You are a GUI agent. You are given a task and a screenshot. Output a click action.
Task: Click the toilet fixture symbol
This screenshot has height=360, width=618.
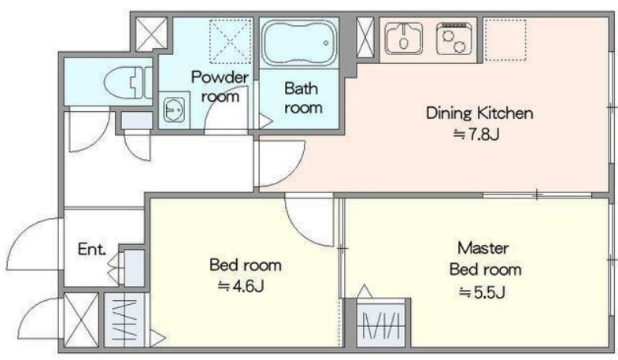(128, 83)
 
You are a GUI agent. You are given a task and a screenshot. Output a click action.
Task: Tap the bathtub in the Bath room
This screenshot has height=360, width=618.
(299, 43)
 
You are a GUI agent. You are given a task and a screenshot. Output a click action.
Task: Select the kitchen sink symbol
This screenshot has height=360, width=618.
(404, 39)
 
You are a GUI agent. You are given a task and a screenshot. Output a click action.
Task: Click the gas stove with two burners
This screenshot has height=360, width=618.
(454, 39)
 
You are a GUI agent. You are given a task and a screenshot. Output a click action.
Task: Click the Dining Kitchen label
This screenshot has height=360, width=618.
(479, 113)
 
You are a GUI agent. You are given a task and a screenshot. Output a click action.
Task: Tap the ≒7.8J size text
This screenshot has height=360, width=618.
(476, 135)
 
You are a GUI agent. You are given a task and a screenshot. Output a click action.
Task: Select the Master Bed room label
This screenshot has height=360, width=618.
(485, 258)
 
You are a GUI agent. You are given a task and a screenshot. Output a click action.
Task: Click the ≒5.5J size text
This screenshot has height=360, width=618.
(482, 292)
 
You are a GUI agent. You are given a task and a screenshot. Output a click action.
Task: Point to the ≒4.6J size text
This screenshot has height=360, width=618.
(241, 286)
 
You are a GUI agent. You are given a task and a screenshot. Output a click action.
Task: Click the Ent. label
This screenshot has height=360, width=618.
(91, 249)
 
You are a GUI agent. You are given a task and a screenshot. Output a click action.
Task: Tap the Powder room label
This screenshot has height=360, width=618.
(220, 87)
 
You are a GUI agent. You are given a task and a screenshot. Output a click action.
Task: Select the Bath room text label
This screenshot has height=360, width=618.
(302, 98)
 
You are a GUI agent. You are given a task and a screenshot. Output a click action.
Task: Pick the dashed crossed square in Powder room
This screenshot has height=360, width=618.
(230, 41)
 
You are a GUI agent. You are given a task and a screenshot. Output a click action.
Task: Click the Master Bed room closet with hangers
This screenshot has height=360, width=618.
(382, 325)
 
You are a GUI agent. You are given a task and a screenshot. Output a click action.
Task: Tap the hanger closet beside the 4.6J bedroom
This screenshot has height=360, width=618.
(126, 320)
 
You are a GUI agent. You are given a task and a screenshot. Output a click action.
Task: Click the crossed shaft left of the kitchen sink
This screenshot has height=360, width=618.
(365, 38)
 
